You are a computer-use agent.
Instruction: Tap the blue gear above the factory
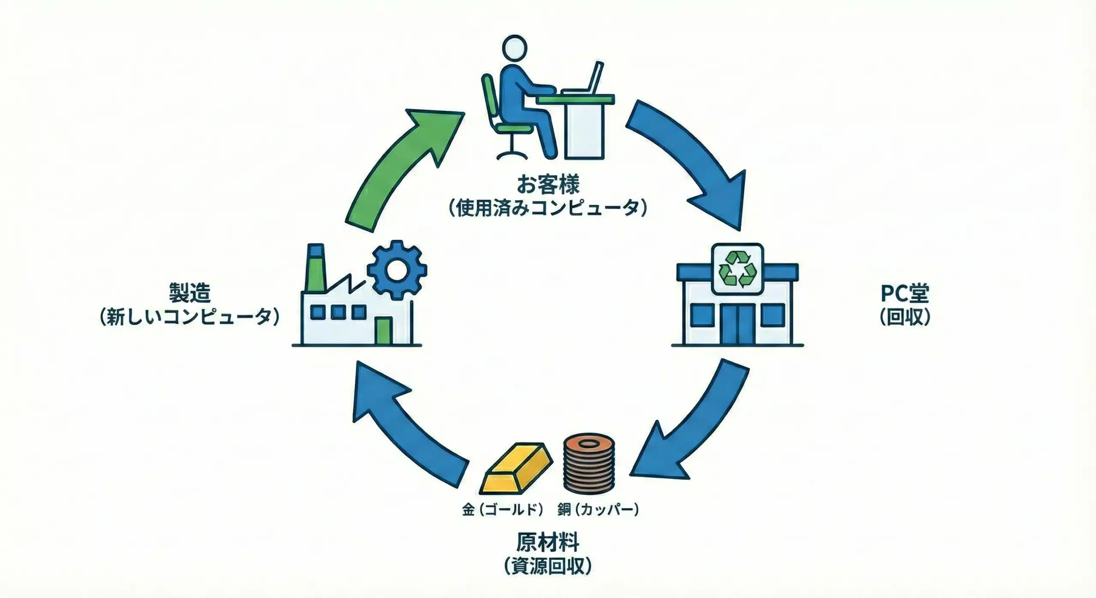pyautogui.click(x=397, y=269)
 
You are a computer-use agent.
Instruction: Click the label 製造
pyautogui.click(x=190, y=294)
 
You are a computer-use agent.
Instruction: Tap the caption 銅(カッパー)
pyautogui.click(x=598, y=509)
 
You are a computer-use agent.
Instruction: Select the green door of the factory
pyautogui.click(x=384, y=330)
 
